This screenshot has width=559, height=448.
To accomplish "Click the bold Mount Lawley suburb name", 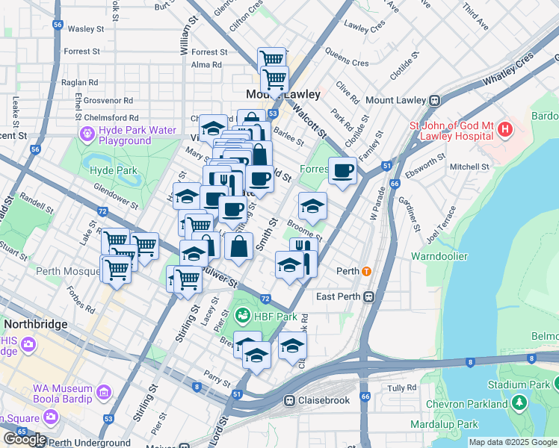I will [283, 95].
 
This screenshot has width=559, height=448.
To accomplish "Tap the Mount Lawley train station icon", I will [433, 99].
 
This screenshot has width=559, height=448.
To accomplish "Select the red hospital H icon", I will [505, 130].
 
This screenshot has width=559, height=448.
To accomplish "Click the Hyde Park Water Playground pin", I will [87, 135].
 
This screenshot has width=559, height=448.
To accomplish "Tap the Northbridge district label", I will [36, 325].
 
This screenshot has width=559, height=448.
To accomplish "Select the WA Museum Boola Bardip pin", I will [103, 391].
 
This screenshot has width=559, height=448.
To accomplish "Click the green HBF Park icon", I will [243, 317].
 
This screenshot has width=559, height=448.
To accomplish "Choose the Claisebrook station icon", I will [289, 400].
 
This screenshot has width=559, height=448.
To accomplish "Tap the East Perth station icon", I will [368, 297].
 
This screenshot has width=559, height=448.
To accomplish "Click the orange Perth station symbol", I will [366, 271].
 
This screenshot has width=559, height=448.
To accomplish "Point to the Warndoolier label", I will [439, 256].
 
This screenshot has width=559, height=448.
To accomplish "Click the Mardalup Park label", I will [444, 424].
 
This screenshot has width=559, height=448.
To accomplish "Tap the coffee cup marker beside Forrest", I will [343, 171].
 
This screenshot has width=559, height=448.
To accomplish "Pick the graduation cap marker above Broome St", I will [312, 204].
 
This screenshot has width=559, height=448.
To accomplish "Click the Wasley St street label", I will [85, 29].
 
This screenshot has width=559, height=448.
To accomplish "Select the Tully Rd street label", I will [401, 388].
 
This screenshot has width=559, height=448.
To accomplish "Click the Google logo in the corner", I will [24, 438].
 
